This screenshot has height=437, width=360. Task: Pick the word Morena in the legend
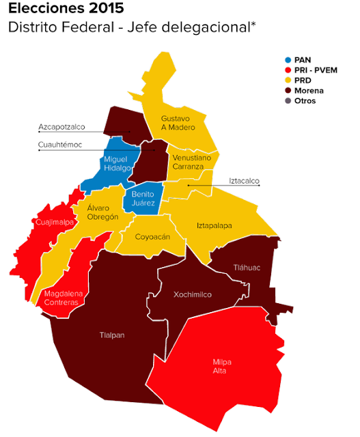[309, 91]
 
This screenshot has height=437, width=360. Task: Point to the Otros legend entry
[306, 101]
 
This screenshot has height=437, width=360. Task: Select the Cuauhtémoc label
[60, 144]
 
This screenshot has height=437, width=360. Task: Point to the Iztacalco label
[244, 181]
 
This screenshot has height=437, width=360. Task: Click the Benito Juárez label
[143, 198]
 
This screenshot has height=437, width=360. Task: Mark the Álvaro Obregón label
[102, 212]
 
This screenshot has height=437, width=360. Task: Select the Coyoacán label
[152, 237]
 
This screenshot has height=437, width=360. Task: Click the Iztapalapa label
[214, 225]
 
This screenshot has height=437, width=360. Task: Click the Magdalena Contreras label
[64, 298]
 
